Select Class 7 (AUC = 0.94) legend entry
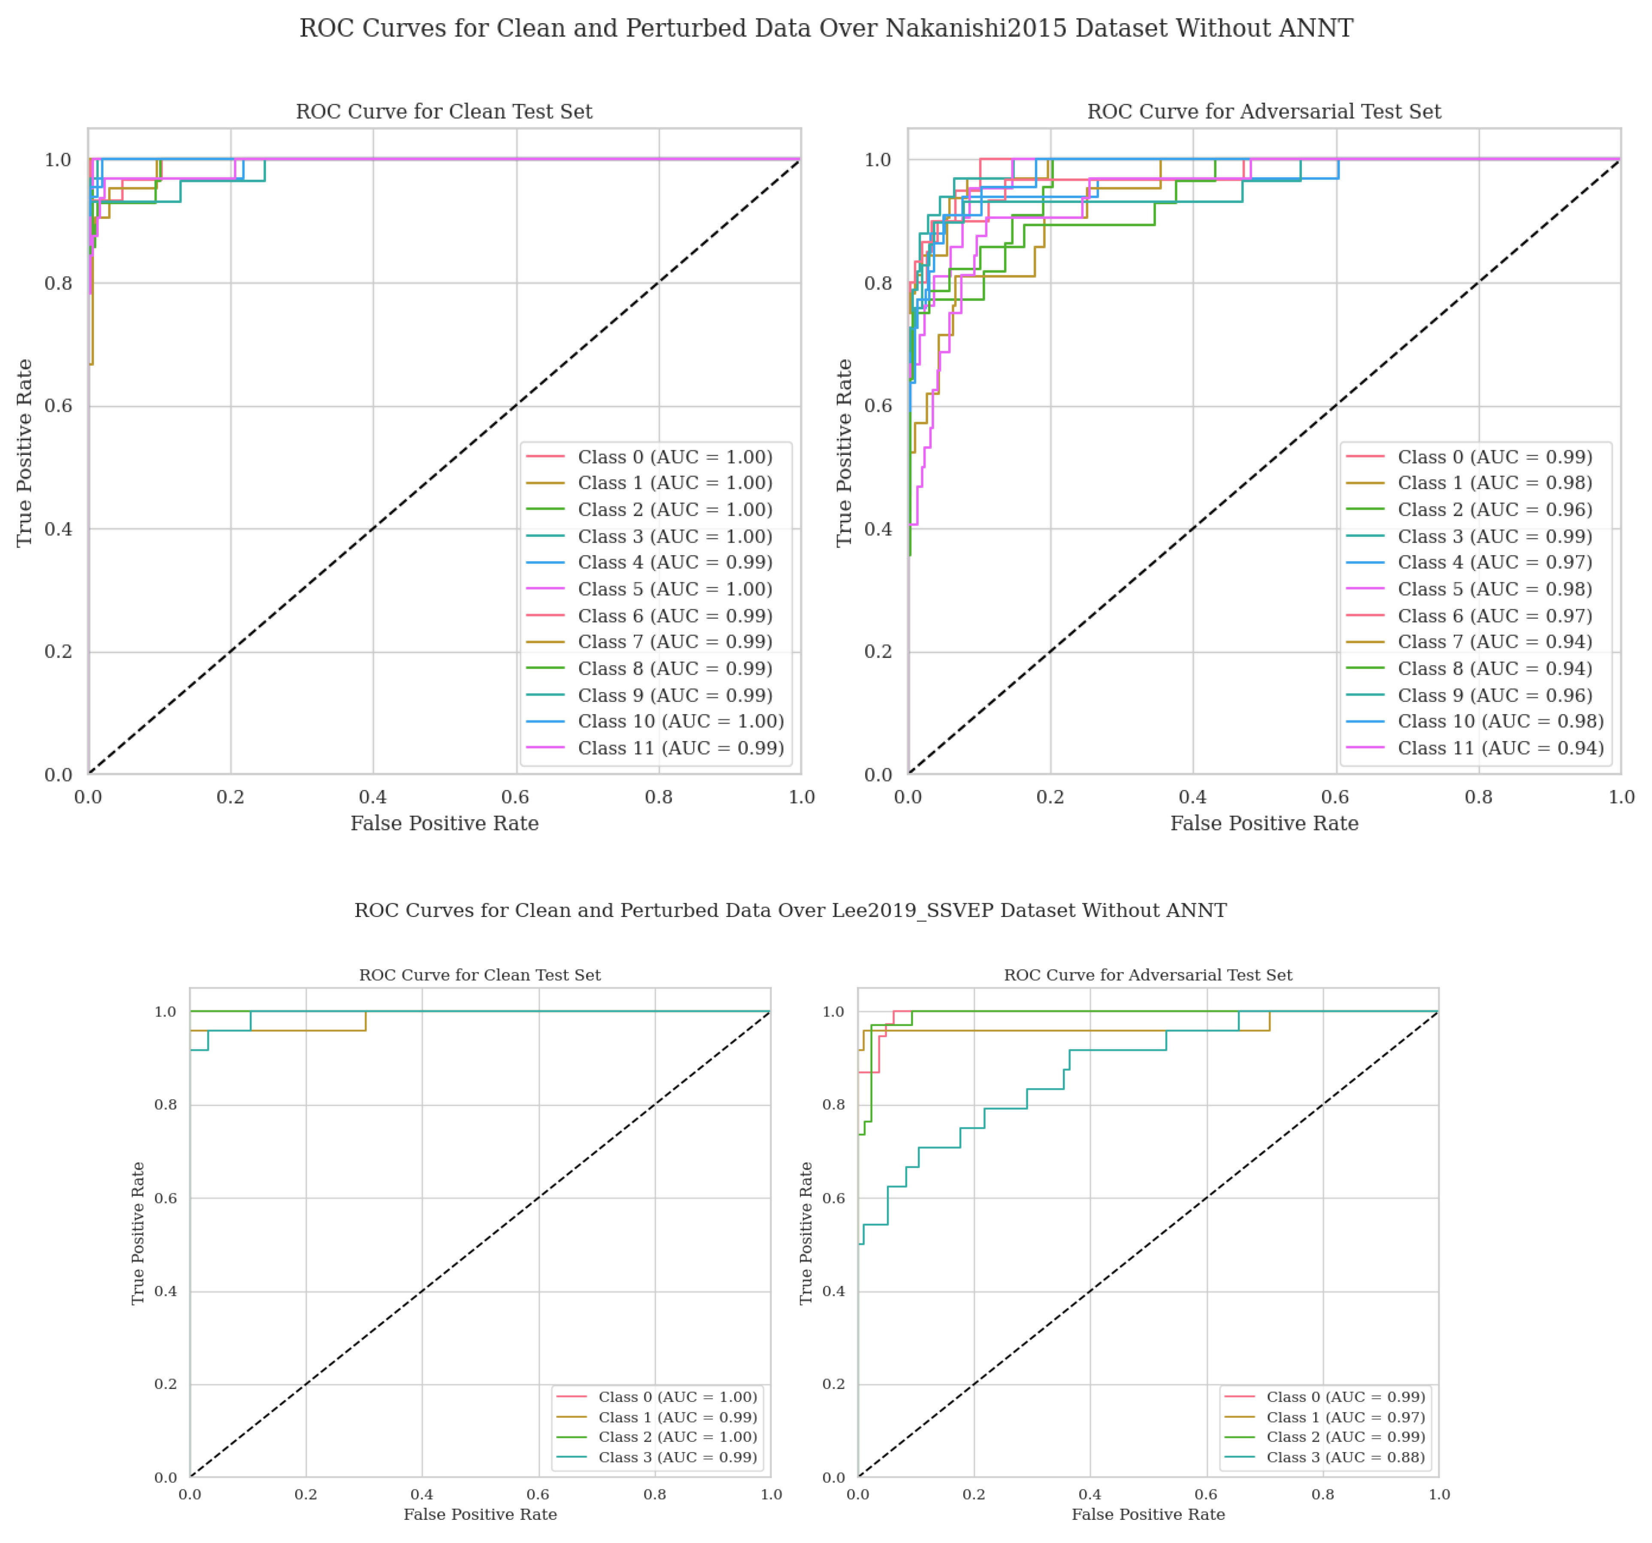tap(1494, 641)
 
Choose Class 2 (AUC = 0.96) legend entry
tap(1494, 509)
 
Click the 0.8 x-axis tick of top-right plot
tap(1478, 797)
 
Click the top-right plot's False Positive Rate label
tap(1264, 823)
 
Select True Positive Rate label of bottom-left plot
tap(138, 1233)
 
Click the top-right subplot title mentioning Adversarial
tap(1264, 111)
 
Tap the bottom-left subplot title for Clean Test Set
tap(479, 974)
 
